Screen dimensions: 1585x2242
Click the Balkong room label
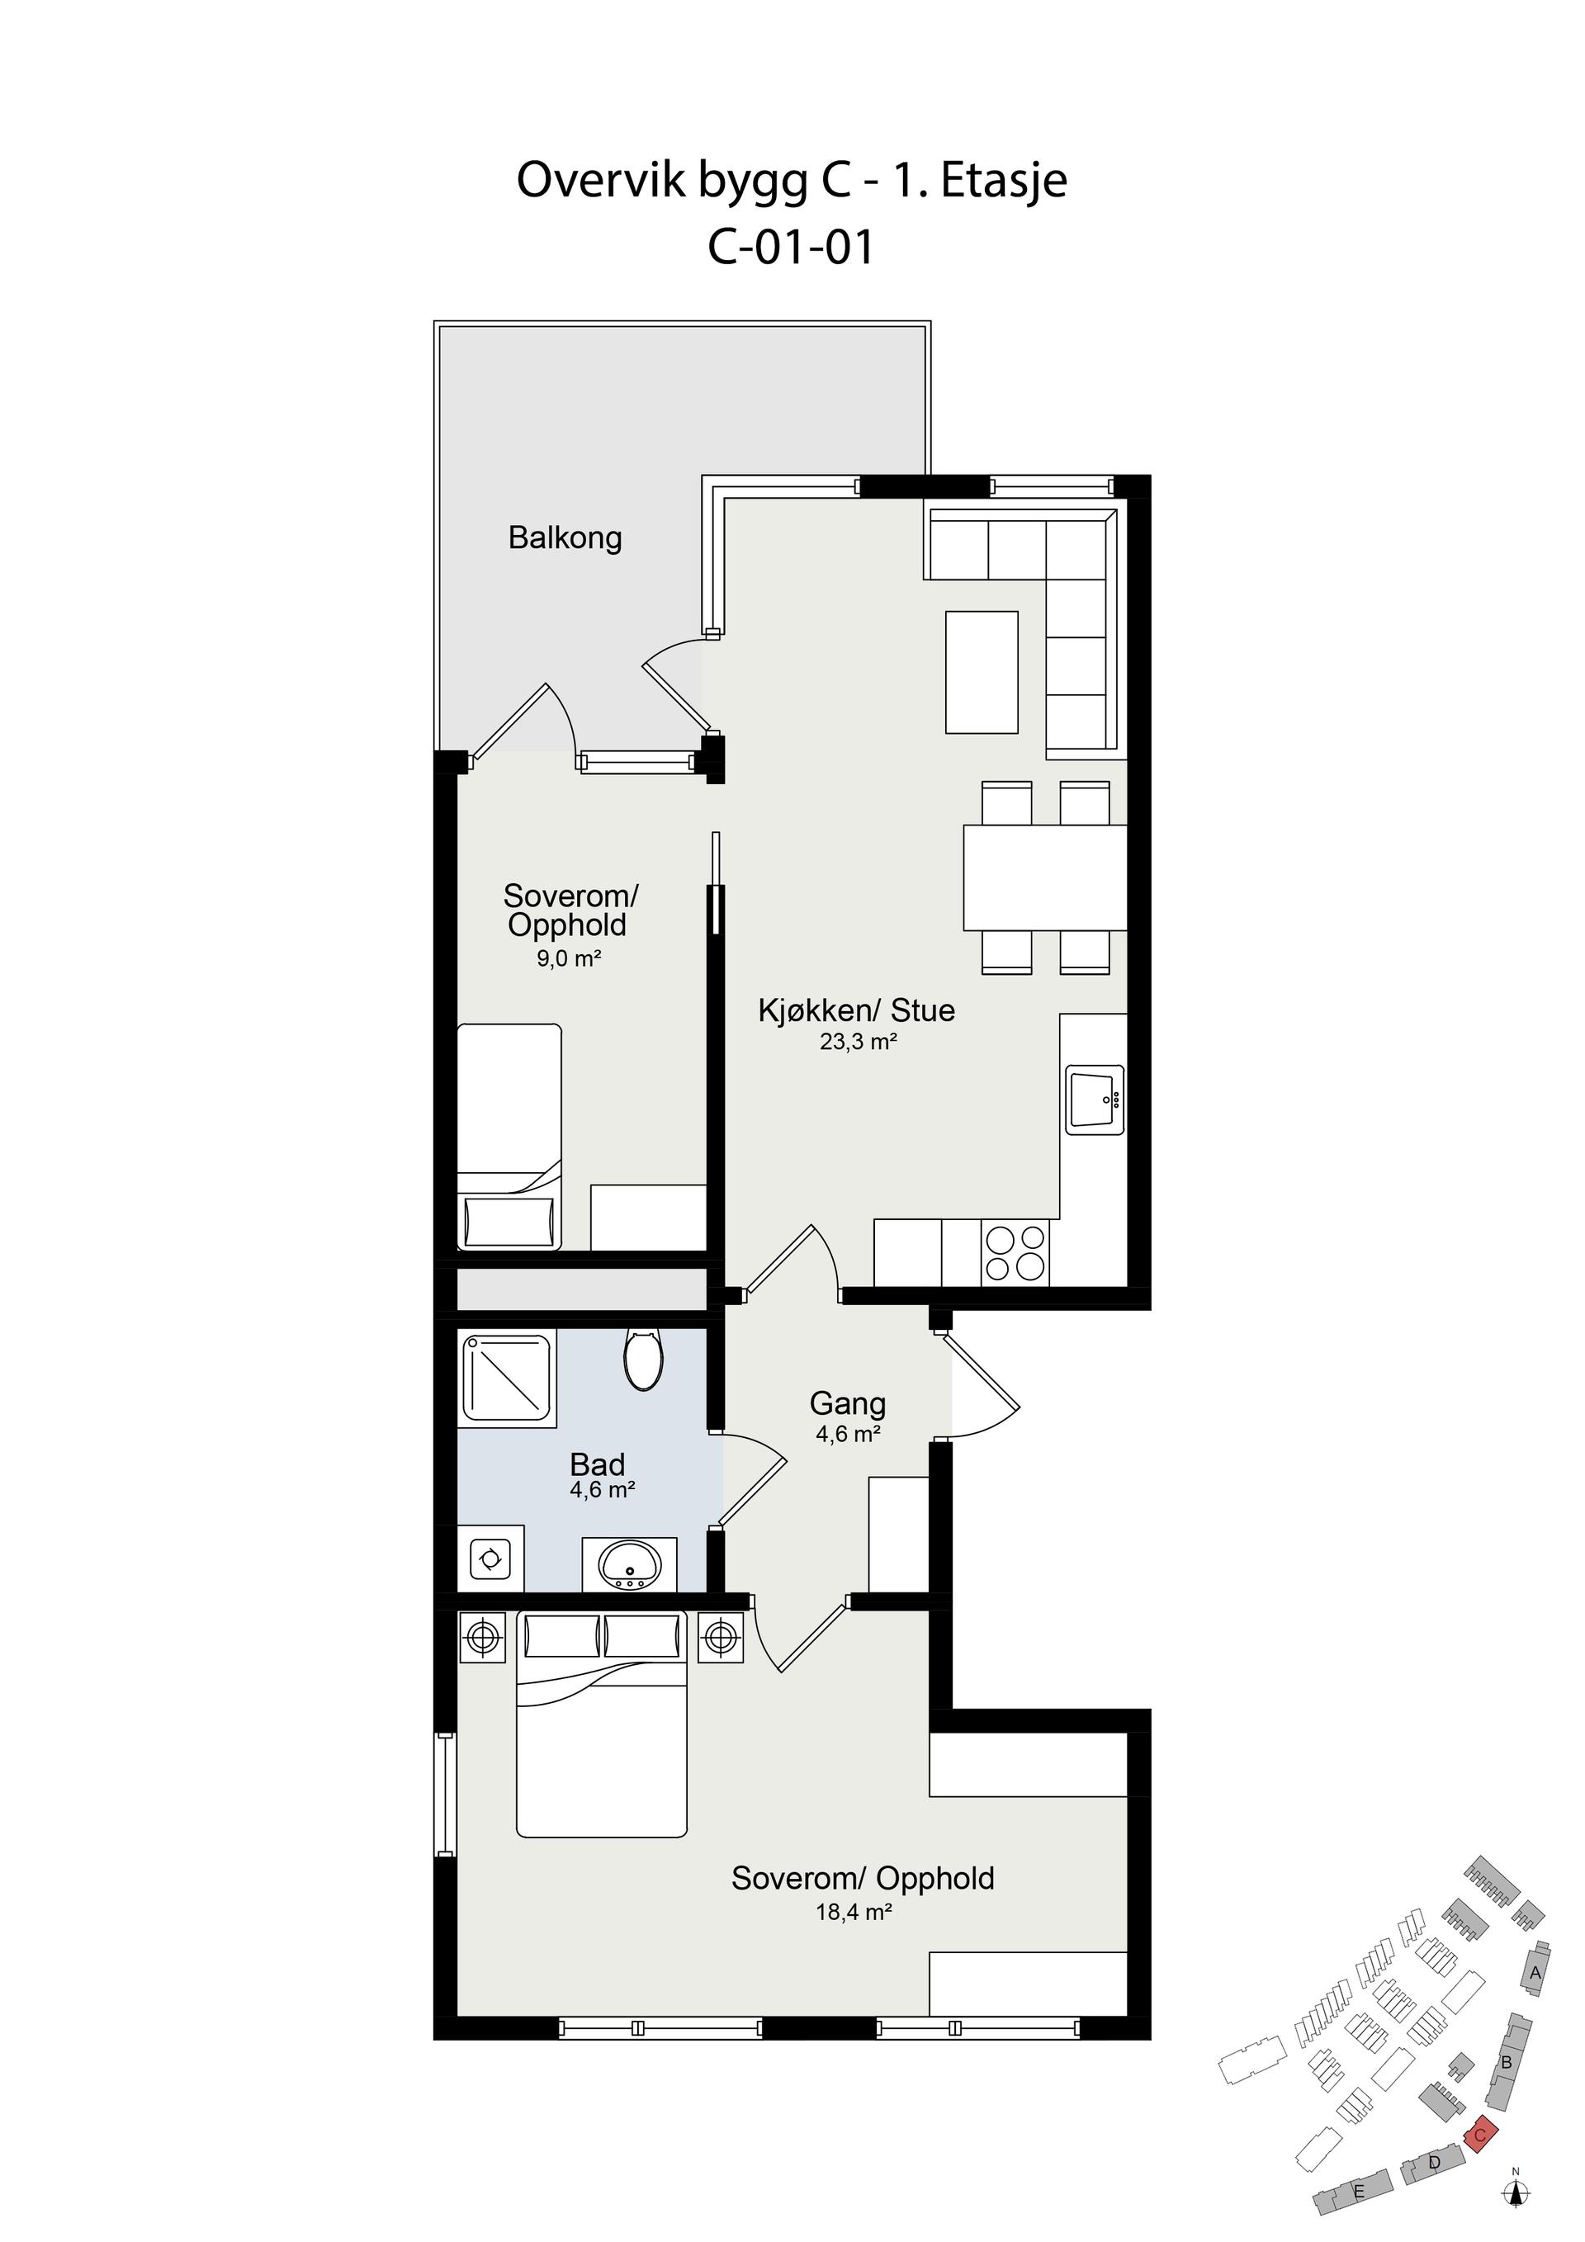click(x=565, y=538)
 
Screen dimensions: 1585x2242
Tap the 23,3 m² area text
click(x=859, y=1042)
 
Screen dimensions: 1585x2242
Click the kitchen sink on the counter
click(x=1095, y=1100)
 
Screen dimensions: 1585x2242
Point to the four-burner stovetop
click(x=1015, y=1254)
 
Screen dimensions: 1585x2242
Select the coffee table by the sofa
click(x=982, y=672)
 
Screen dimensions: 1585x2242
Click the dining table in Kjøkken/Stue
click(x=1045, y=877)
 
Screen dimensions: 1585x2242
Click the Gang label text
click(x=848, y=1404)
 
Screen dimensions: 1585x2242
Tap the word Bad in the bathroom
click(x=597, y=1464)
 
